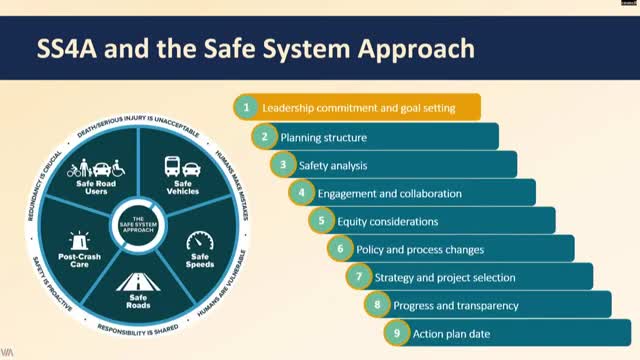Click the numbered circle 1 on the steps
click(245, 107)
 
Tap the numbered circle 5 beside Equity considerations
click(321, 221)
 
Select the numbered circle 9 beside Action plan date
click(397, 333)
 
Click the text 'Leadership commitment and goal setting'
click(358, 107)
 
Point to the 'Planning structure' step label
click(324, 137)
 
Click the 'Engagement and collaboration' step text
click(389, 193)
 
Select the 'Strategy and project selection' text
click(445, 277)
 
